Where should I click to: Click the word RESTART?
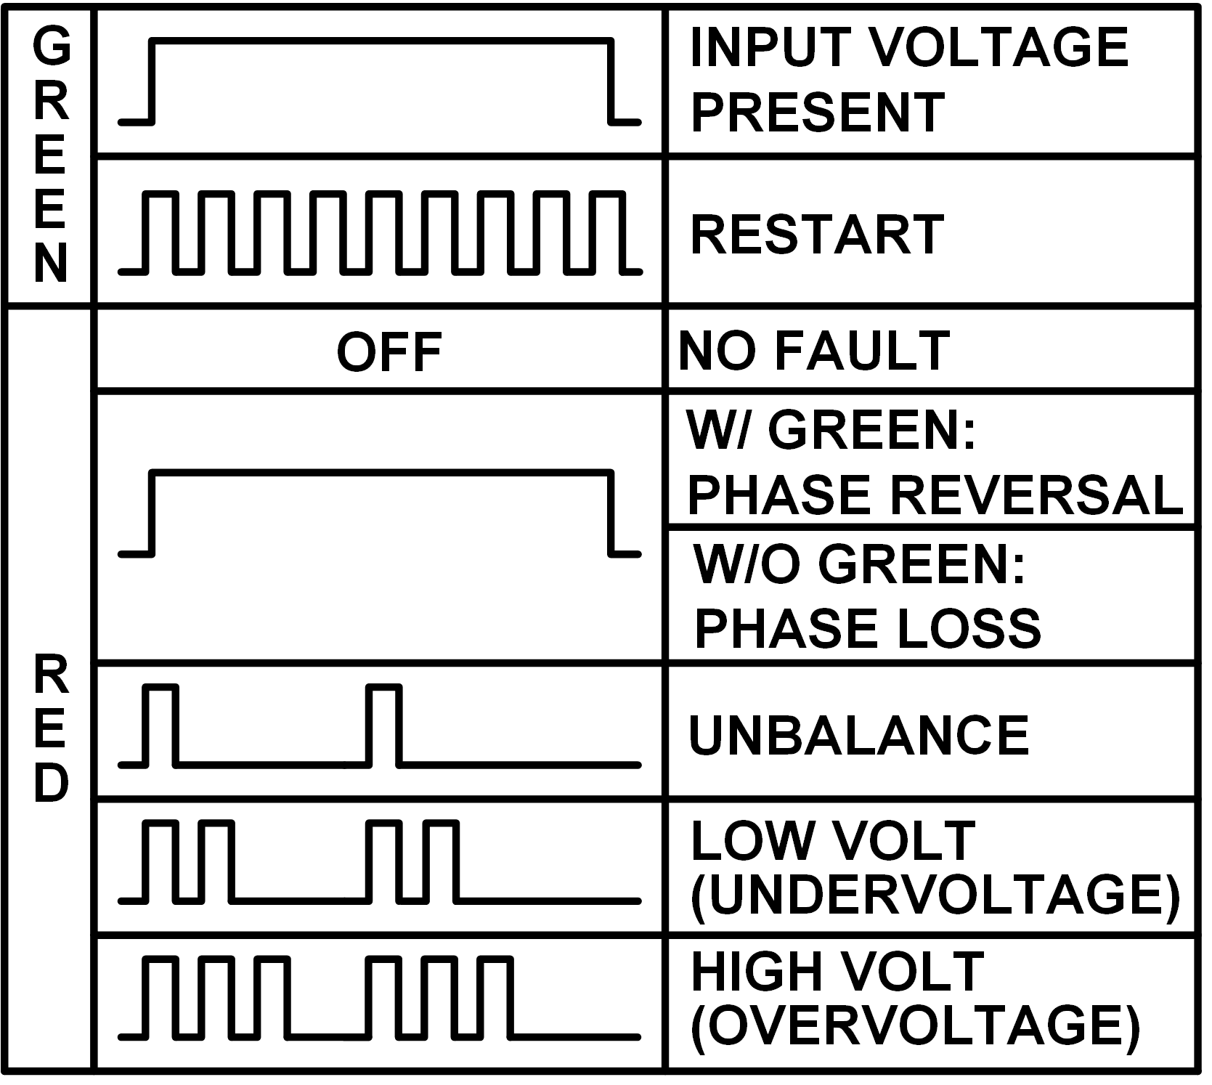tap(817, 234)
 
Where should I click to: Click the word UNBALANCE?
tap(858, 734)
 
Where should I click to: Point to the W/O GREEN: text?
tap(859, 564)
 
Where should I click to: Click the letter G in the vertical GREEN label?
tap(51, 48)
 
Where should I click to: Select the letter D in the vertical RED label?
tap(51, 784)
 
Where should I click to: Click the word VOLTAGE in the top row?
tap(999, 46)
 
